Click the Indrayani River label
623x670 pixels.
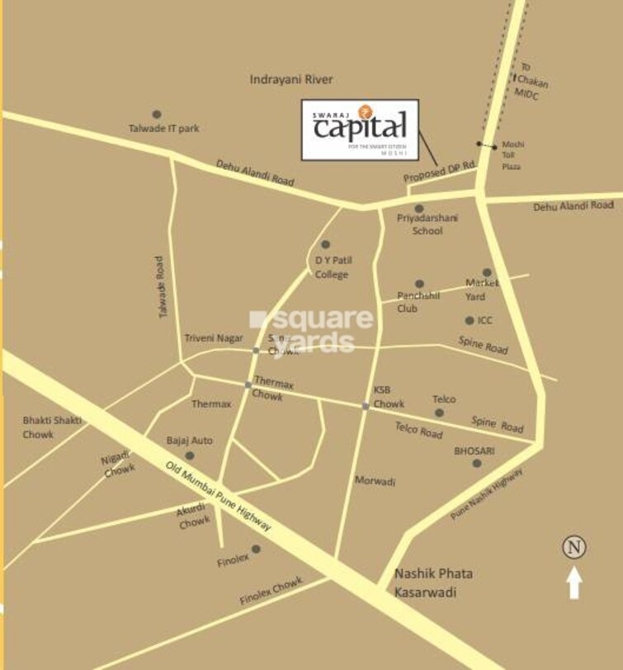(x=291, y=79)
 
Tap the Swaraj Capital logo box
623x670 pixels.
(x=360, y=129)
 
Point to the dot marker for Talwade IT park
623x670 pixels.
(x=157, y=114)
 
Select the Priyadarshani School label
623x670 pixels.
(x=427, y=224)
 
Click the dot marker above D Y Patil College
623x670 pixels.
(x=325, y=244)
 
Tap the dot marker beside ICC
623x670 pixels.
(x=470, y=320)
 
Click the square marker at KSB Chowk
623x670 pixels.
(x=366, y=406)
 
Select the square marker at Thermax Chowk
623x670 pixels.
(x=248, y=385)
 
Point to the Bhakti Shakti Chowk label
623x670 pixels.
(x=51, y=427)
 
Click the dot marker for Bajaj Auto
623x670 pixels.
(x=190, y=455)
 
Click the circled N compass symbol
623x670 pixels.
(x=574, y=546)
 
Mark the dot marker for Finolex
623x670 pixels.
(x=256, y=549)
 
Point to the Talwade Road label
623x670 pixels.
(x=162, y=287)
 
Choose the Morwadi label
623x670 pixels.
(x=375, y=480)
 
